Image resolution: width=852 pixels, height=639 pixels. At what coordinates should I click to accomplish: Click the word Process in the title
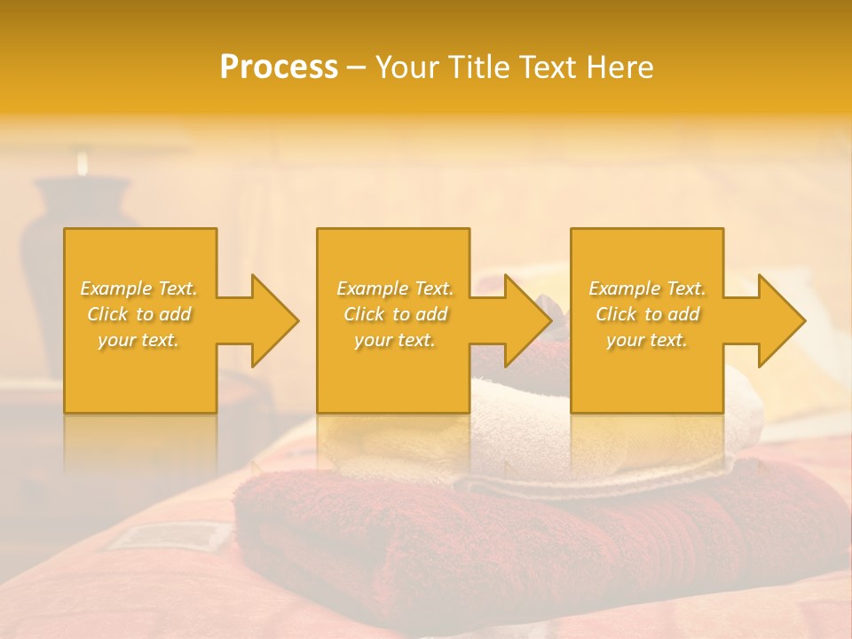[279, 67]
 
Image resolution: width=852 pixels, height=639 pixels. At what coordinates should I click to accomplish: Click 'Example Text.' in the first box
[139, 288]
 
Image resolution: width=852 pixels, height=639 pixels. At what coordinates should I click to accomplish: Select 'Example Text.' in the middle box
[394, 288]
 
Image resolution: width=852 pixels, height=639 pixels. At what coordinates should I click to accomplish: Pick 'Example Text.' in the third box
[647, 288]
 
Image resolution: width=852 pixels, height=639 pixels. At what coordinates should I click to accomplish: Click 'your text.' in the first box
[139, 340]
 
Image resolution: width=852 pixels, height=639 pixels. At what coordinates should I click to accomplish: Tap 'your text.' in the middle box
[394, 340]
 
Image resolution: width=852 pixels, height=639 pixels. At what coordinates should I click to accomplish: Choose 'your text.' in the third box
[647, 340]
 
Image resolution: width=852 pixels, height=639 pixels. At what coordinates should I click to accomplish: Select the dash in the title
[356, 67]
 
